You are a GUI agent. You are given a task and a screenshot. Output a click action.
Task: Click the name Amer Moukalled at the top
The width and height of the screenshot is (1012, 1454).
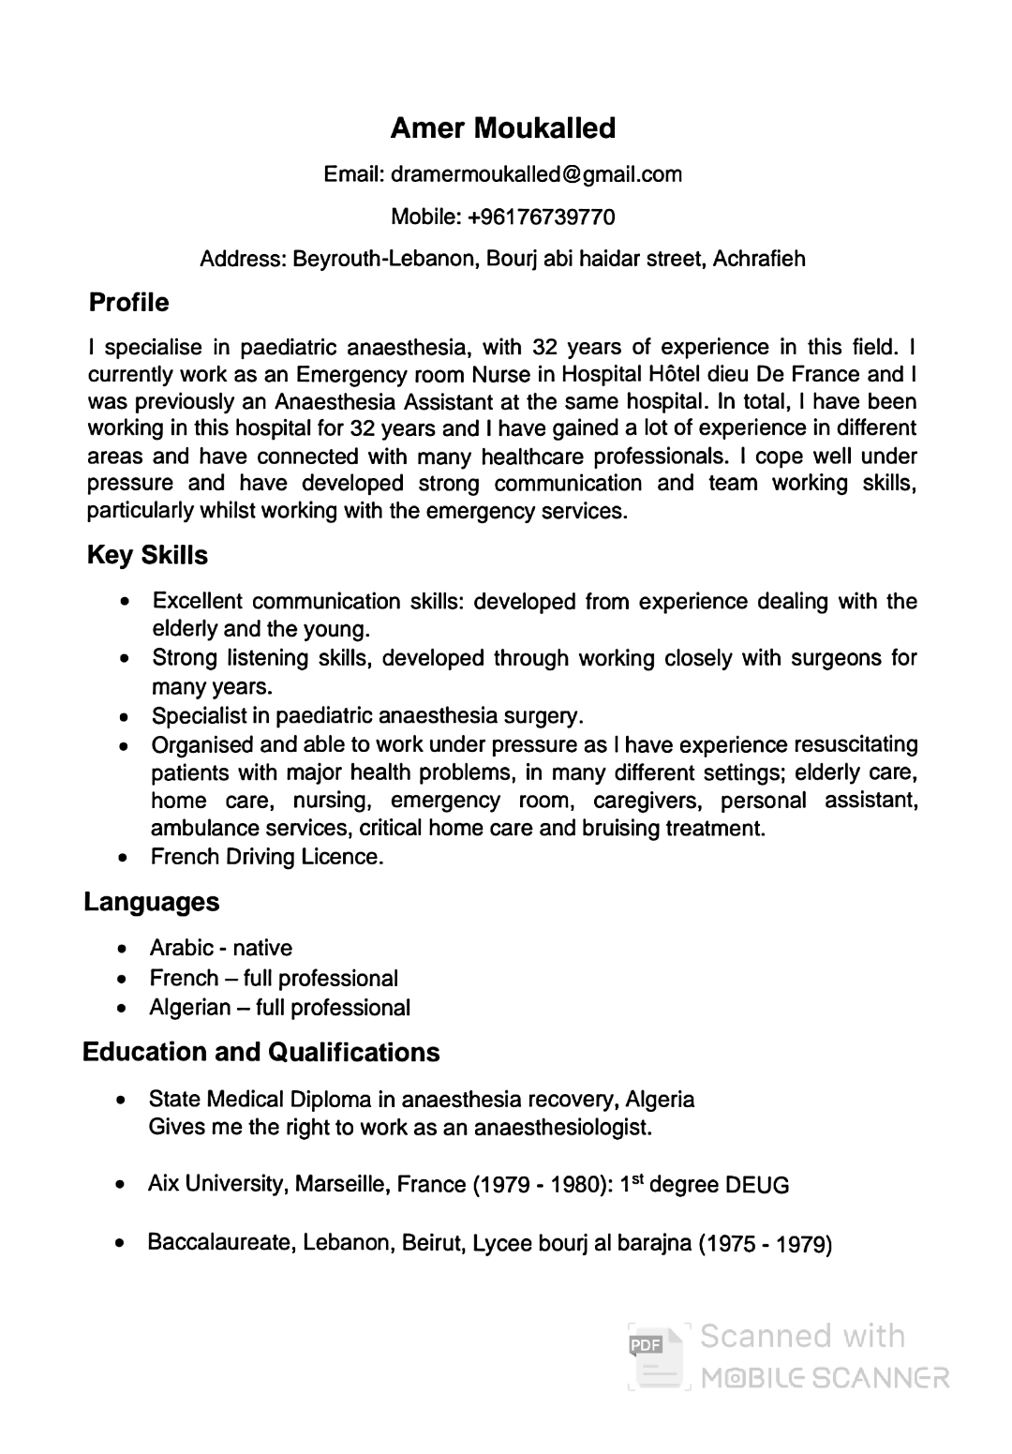click(x=502, y=128)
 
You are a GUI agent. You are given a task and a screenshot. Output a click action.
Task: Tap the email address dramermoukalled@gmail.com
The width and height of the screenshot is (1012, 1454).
click(x=536, y=174)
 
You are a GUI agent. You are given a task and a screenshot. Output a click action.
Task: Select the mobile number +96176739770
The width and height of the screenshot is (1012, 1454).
click(x=542, y=217)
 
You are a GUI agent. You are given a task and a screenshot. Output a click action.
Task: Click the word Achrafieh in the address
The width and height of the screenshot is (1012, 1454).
click(x=759, y=259)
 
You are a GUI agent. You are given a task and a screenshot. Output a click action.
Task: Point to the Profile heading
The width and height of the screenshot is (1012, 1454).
click(x=128, y=303)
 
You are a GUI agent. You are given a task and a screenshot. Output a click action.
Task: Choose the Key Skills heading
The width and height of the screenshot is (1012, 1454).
click(x=147, y=556)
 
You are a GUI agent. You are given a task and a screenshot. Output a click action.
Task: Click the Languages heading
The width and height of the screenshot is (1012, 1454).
click(x=152, y=903)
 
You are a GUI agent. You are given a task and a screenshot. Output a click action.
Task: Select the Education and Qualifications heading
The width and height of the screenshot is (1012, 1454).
click(x=260, y=1053)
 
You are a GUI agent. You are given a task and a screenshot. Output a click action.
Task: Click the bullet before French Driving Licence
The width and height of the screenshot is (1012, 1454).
click(x=124, y=858)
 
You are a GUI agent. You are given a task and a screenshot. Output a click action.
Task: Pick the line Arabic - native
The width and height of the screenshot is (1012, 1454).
click(x=221, y=948)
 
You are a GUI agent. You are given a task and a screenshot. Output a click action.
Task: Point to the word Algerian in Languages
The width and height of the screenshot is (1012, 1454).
click(x=190, y=1008)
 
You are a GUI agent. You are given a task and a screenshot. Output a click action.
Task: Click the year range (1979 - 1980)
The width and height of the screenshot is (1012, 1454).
click(x=543, y=1185)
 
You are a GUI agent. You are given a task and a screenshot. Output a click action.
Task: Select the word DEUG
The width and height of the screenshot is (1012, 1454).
click(x=757, y=1186)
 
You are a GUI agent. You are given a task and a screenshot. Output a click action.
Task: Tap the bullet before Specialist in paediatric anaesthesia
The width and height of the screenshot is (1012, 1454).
click(x=125, y=717)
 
